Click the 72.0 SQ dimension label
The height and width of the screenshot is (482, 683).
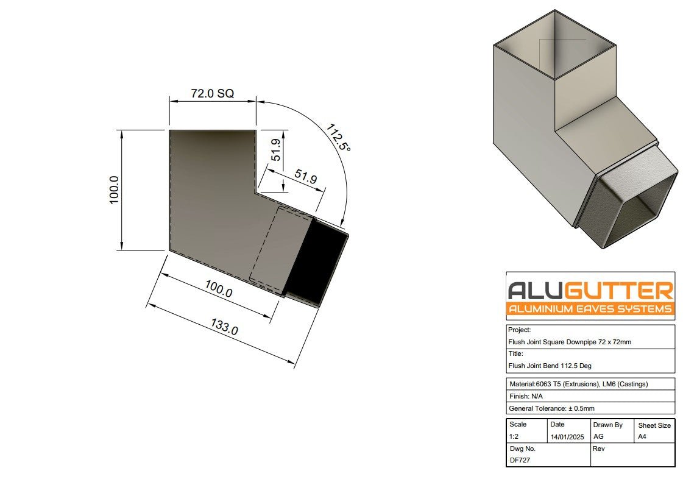coord(212,94)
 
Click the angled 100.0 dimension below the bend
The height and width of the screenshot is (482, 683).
coord(218,290)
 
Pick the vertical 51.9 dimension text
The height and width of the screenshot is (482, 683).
coord(275,150)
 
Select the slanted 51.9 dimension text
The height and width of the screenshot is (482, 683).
coord(306,177)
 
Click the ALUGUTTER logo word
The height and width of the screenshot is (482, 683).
coord(590,290)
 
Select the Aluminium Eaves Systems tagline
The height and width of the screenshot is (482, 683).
coord(590,309)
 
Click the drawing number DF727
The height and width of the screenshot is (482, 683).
coord(519,460)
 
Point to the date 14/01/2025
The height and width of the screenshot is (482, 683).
coord(567,437)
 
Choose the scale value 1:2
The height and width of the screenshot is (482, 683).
coord(515,437)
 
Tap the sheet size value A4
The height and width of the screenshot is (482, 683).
coord(643,437)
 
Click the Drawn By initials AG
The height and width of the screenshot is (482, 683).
coord(598,437)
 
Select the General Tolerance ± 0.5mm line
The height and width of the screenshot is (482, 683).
coord(551,408)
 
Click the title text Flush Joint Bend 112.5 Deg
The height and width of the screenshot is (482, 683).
coord(550,366)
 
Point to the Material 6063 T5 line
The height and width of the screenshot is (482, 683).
coord(578,384)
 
